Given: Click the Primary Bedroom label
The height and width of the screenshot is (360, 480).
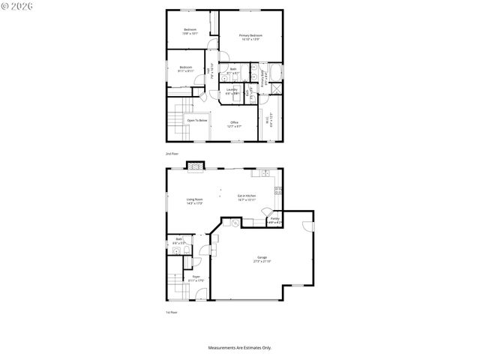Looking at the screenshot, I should point(250,37).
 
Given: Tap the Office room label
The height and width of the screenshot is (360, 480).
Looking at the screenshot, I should point(235,123).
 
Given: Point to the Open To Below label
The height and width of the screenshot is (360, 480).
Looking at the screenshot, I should point(197,120).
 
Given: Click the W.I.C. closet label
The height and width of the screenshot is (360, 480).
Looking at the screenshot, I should point(269,121).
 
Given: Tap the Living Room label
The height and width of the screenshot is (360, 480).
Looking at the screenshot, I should point(195,200).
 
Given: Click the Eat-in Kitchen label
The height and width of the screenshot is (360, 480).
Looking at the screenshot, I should point(247,197).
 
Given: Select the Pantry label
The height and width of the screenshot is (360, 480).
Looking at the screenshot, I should point(274,220).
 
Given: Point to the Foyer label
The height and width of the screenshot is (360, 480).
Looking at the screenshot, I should point(196,278).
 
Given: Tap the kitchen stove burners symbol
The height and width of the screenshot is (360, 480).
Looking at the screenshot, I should point(278,190).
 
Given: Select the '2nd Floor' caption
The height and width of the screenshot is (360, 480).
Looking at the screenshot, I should point(172,153).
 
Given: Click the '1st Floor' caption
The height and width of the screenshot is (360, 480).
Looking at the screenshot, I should point(172,312).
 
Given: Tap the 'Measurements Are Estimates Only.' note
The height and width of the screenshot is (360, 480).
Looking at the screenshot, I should point(239,347).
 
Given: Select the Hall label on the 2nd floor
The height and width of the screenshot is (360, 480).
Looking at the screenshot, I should point(219,72).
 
